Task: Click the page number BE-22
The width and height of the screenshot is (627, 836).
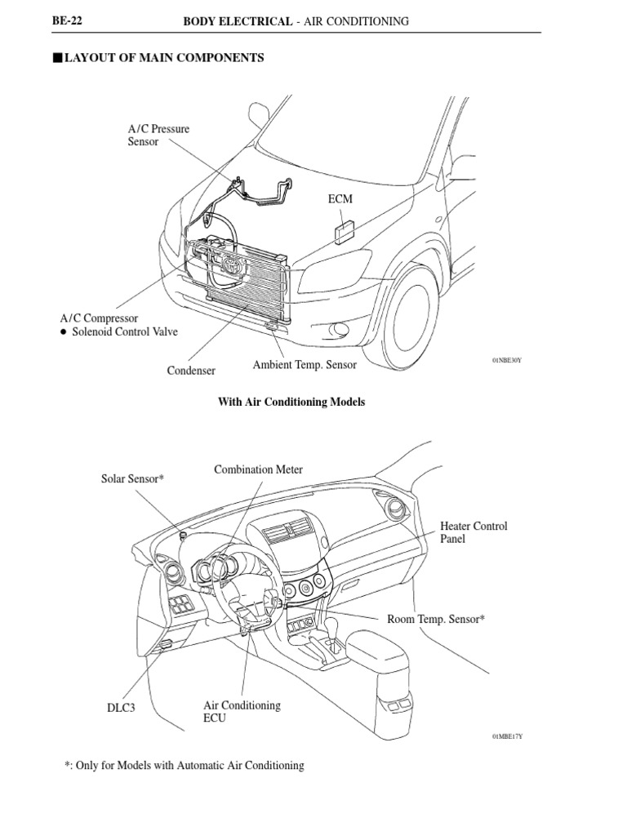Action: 68,21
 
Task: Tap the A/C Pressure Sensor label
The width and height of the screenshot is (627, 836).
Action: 158,135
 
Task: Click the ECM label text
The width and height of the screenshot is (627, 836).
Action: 340,198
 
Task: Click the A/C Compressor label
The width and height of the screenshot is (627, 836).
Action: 99,318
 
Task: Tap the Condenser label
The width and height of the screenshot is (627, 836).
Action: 191,371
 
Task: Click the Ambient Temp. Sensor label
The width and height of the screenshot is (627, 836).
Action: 304,365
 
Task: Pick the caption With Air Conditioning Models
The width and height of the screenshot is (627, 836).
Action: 291,402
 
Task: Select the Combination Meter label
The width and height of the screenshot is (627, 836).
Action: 258,469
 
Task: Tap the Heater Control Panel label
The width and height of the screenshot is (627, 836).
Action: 474,533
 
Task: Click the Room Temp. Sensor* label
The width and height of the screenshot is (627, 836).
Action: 436,620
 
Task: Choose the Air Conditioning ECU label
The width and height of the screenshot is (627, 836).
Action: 241,712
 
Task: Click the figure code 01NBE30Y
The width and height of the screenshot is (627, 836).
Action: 506,359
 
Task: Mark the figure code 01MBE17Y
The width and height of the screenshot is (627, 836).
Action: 506,736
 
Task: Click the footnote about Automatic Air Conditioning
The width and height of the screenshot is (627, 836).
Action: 184,766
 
